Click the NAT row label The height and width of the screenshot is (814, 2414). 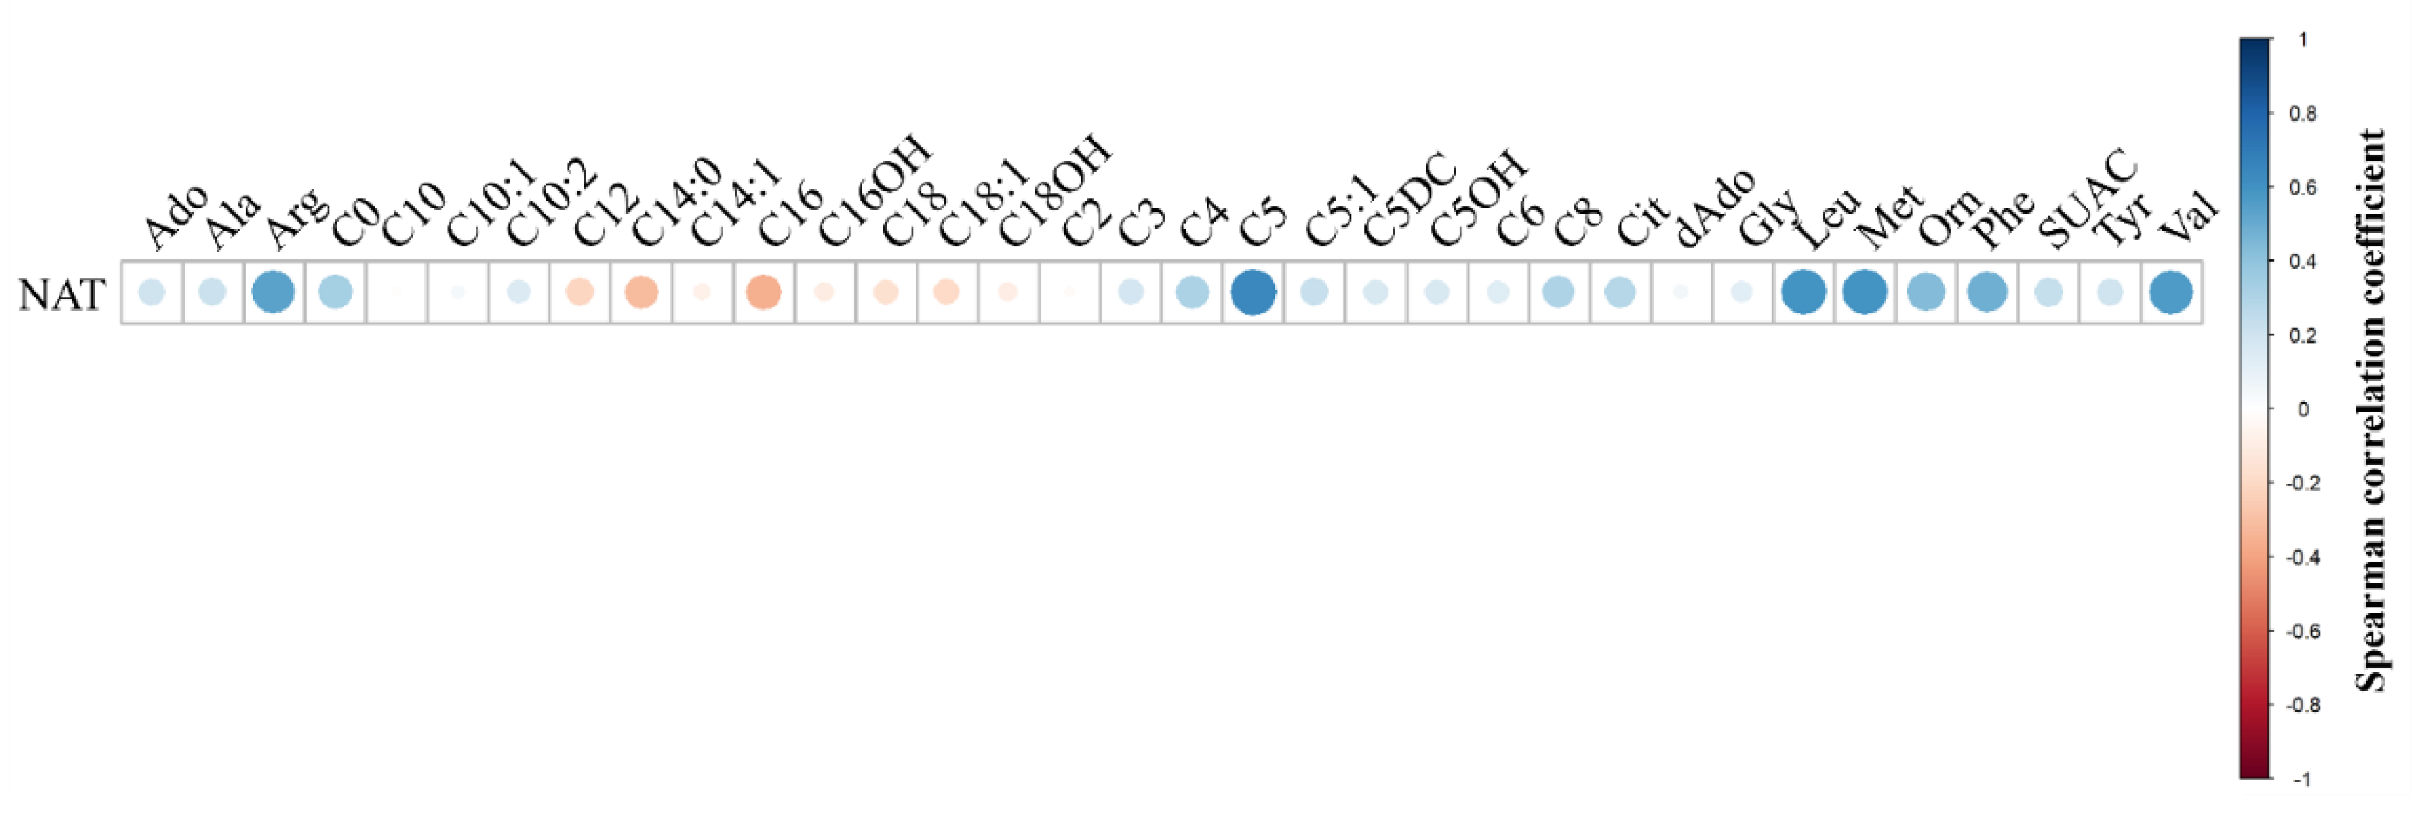pos(62,294)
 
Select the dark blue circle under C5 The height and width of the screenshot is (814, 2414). pos(1253,292)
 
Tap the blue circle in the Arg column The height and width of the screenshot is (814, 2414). pos(274,292)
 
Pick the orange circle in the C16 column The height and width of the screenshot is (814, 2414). pos(764,292)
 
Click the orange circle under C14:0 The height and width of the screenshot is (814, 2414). pos(641,292)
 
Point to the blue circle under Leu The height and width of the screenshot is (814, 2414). pos(1804,292)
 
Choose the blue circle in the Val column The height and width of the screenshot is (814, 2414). pos(2171,292)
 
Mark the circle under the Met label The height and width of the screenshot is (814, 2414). pos(1865,292)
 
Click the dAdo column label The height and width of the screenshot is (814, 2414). pos(1714,208)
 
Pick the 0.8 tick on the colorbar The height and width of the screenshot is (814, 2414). pos(2303,114)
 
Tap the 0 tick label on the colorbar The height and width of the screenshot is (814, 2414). pos(2303,409)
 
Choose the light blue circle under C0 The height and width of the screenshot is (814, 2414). pos(335,292)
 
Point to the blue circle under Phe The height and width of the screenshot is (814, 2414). pos(1987,292)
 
